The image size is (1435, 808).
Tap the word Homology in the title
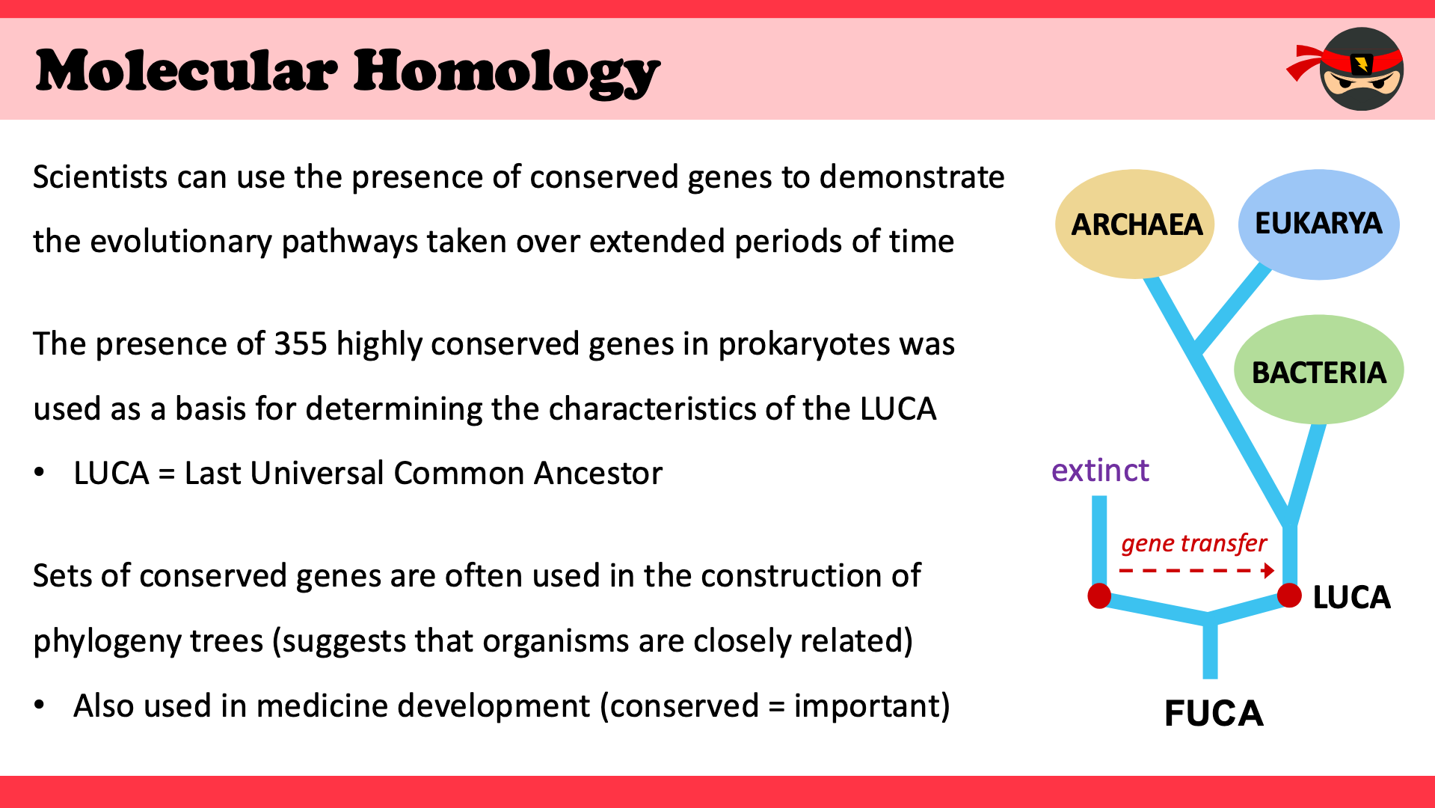pyautogui.click(x=507, y=73)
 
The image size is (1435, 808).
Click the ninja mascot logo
pyautogui.click(x=1346, y=69)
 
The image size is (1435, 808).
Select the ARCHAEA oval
pyautogui.click(x=1134, y=224)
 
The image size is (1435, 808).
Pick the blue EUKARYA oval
pyautogui.click(x=1319, y=224)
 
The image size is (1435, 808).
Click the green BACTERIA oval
pyautogui.click(x=1319, y=370)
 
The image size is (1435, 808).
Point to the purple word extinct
pyautogui.click(x=1100, y=471)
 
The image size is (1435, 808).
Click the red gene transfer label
pyautogui.click(x=1193, y=543)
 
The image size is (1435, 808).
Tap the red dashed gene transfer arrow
pyautogui.click(x=1196, y=571)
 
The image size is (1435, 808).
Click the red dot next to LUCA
pyautogui.click(x=1289, y=596)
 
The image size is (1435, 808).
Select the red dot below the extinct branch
pyautogui.click(x=1099, y=596)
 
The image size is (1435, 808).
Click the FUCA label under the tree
pyautogui.click(x=1214, y=713)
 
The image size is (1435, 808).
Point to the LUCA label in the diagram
pyautogui.click(x=1351, y=597)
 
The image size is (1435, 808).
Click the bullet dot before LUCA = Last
pyautogui.click(x=40, y=473)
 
